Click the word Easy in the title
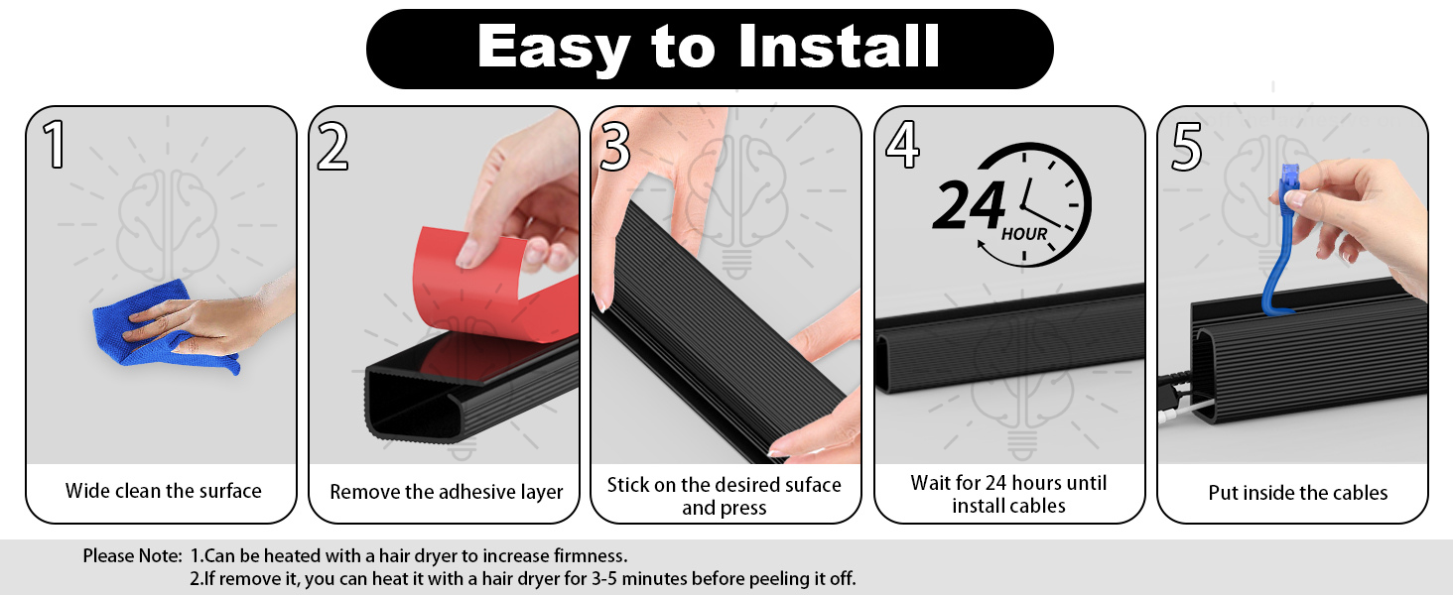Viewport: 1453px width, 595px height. [554, 48]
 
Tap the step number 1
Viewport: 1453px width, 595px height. [56, 146]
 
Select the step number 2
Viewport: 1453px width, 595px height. [333, 146]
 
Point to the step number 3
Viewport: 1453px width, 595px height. [616, 146]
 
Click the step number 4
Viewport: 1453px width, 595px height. [901, 146]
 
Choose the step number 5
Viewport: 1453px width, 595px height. [1187, 146]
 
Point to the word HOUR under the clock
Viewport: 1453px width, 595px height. [1023, 235]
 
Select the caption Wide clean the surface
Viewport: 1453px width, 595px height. [164, 491]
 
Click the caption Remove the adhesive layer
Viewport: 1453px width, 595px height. [446, 492]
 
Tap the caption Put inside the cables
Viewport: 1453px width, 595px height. [1297, 493]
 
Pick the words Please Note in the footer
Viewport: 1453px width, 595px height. [132, 556]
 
